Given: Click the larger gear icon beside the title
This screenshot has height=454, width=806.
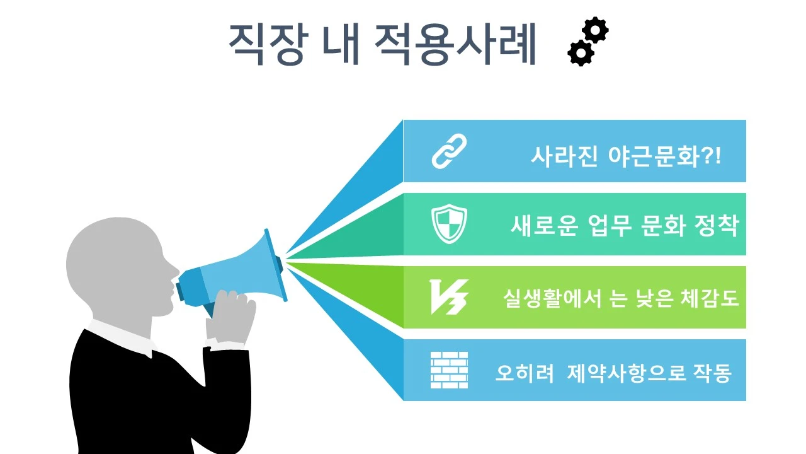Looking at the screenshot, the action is click(x=595, y=30).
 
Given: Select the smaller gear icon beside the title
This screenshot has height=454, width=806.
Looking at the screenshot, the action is click(x=581, y=53).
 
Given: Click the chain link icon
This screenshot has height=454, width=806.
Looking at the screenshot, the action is click(x=449, y=151).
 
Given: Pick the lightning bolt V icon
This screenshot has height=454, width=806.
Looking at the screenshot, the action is click(x=448, y=297).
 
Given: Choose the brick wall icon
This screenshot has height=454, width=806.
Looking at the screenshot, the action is click(x=449, y=370).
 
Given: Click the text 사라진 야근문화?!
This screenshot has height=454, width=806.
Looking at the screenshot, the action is click(x=625, y=156).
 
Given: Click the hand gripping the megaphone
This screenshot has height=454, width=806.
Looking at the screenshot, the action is click(x=230, y=315).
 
